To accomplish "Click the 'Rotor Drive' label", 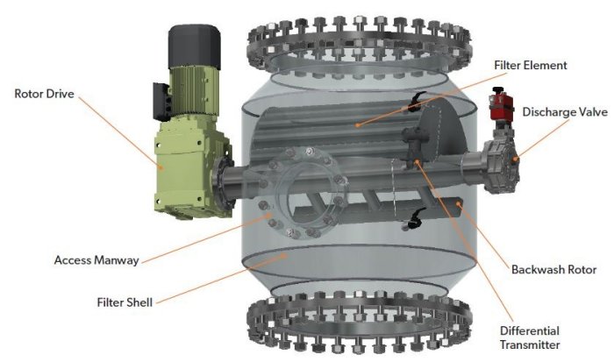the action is [x=44, y=94].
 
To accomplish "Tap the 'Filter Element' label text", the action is [x=531, y=65].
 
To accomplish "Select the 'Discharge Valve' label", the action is [x=565, y=112].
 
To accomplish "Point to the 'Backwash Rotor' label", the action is [x=554, y=270].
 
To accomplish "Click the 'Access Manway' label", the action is [x=96, y=260].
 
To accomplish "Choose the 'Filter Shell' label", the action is [x=125, y=302].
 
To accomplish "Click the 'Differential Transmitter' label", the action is [x=530, y=337].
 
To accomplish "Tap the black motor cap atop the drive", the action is [x=194, y=46].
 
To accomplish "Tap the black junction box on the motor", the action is [x=161, y=102].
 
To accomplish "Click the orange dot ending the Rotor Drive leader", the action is [x=161, y=167].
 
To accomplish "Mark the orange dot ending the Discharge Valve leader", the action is [x=516, y=159].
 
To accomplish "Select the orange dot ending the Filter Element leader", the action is [x=357, y=125].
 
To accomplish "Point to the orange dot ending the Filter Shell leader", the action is [x=285, y=256].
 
